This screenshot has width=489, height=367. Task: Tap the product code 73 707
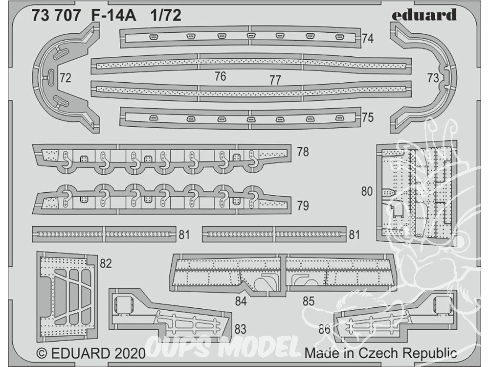coord(56,16)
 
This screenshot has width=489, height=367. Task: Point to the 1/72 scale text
coord(166,16)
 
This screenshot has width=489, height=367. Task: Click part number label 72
coord(65,78)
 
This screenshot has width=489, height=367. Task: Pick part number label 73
coord(433,78)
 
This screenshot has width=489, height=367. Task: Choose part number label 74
coord(368,38)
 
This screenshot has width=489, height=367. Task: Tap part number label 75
coord(368,117)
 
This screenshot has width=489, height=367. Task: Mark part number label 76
coord(221,76)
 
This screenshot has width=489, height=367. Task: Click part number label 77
coord(275,80)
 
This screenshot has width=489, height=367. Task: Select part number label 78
coord(303,152)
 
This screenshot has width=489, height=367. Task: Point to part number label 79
coord(303,206)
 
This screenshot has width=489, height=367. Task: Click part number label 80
coord(367,191)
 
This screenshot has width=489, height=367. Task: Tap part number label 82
coord(106,264)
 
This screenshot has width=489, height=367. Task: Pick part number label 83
coord(240,329)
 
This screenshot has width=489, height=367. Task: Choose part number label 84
coord(241,301)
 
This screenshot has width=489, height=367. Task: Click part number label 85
coord(309,301)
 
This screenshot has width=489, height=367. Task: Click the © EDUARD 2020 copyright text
coord(91,353)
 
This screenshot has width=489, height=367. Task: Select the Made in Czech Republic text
coord(380,353)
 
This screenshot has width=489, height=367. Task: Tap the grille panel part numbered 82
coord(67,297)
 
